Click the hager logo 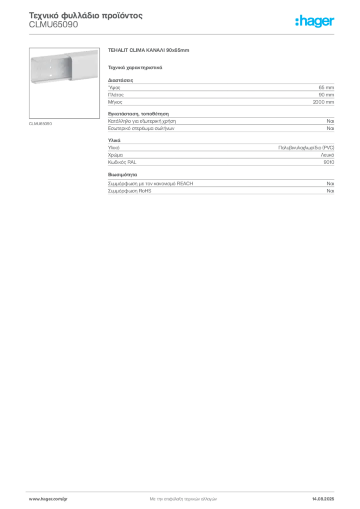coord(315,21)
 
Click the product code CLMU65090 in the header coord(54,25)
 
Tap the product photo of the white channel coord(64,83)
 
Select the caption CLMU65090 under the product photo coord(40,124)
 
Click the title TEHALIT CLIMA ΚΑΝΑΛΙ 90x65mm coord(148,50)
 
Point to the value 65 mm coord(326,87)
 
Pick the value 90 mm coord(326,95)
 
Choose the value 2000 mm coord(323,102)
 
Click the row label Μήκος coord(115,102)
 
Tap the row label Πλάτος coord(116,95)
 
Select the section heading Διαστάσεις coord(120,80)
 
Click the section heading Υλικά coord(114,141)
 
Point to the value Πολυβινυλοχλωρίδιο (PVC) coord(306,148)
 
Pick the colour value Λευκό coord(327,155)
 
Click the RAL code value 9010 coord(329,162)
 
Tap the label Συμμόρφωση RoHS coord(129,191)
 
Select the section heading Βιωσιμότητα coord(122,174)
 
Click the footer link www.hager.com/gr coord(48,499)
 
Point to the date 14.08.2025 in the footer coord(323,499)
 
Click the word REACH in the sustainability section coord(184,184)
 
